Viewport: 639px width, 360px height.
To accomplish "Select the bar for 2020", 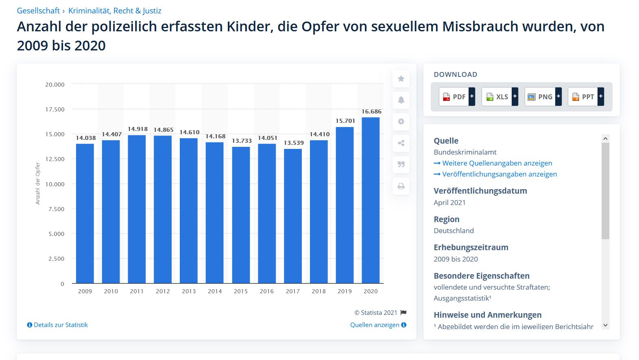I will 371,200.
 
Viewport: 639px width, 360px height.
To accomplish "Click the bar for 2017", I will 293,216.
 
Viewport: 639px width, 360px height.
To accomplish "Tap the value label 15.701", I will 345,121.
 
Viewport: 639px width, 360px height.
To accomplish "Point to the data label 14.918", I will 137,129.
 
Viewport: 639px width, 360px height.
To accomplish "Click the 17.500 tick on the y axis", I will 55,109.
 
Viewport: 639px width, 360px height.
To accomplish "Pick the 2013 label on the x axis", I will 189,291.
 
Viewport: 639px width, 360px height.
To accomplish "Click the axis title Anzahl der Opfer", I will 38,183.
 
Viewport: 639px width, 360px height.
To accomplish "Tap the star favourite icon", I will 401,79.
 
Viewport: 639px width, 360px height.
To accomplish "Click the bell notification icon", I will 401,100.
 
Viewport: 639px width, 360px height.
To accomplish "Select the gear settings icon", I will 401,122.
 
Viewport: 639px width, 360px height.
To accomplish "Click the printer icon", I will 401,186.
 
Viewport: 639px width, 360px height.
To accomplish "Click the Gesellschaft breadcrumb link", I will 38,11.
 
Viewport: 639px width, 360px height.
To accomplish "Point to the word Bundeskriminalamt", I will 465,152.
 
